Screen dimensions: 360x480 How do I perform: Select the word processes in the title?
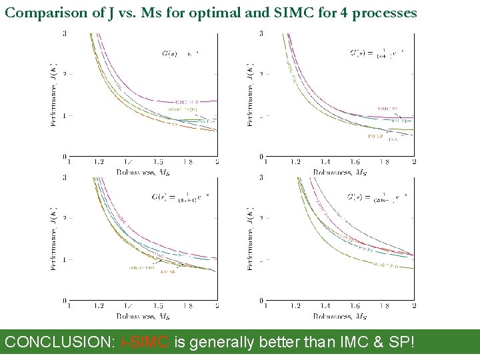[x=382, y=13]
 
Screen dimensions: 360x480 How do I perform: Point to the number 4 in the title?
[x=339, y=13]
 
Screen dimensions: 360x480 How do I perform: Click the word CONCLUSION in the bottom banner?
[x=60, y=342]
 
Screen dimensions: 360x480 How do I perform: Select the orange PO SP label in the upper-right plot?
[x=375, y=136]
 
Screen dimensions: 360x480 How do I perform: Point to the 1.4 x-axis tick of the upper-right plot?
[x=325, y=162]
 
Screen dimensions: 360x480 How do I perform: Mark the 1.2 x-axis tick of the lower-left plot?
[x=99, y=306]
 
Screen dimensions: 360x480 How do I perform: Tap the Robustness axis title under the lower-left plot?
[x=139, y=316]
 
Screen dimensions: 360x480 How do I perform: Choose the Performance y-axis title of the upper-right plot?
[x=251, y=95]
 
